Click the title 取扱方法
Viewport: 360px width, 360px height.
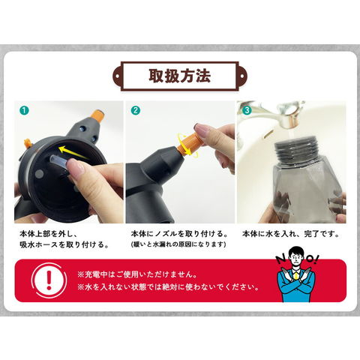[x=180, y=76]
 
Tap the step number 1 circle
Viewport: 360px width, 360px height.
[x=24, y=110]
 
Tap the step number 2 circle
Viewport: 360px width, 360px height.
[x=136, y=110]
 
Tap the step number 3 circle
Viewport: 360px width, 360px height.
[x=247, y=110]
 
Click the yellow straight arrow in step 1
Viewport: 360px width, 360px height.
[x=73, y=152]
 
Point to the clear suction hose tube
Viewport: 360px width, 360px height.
[x=61, y=161]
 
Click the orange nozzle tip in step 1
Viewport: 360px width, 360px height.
[x=97, y=116]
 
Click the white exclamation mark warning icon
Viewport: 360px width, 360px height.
[x=49, y=280]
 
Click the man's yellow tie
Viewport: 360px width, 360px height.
[x=296, y=275]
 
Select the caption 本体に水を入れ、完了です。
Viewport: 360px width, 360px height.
[x=292, y=234]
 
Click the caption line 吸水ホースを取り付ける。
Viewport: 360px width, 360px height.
[x=64, y=244]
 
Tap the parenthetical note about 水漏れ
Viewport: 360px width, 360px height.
[x=178, y=244]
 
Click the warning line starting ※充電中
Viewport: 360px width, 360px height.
[x=137, y=274]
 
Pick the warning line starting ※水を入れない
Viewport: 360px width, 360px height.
[x=168, y=287]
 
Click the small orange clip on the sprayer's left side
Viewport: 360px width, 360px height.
[x=28, y=143]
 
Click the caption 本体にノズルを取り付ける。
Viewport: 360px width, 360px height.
[x=180, y=234]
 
